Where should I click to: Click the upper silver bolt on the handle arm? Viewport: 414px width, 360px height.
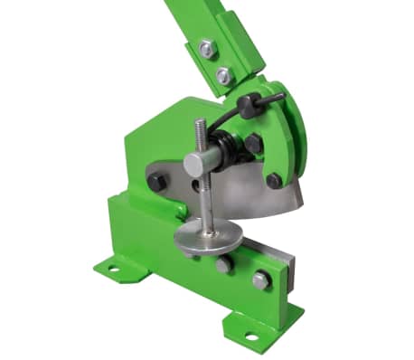(x=207, y=48)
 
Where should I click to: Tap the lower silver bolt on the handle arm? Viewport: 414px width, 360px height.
(x=223, y=75)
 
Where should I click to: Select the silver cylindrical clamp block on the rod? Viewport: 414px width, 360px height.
(x=203, y=164)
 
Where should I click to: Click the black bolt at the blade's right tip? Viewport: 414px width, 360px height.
(x=274, y=180)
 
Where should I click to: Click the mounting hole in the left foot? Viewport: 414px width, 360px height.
(x=114, y=268)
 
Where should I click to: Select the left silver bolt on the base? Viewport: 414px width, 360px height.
(x=223, y=263)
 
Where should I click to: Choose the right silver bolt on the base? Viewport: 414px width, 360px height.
(x=260, y=279)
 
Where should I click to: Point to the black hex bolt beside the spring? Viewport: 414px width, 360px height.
(x=253, y=143)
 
